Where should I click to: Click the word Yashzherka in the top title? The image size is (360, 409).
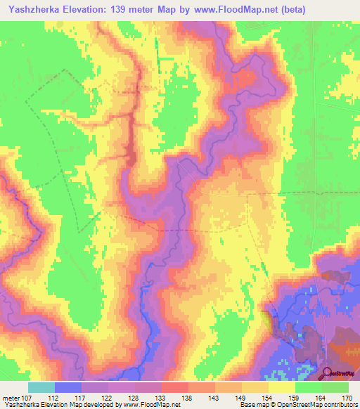click(34, 9)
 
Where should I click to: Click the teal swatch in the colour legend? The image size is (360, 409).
click(41, 387)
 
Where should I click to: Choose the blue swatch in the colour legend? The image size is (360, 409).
click(68, 387)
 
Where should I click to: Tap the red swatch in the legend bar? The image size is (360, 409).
click(174, 387)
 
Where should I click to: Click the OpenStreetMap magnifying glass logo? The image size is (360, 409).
click(328, 373)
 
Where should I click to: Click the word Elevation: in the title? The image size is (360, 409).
click(89, 9)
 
